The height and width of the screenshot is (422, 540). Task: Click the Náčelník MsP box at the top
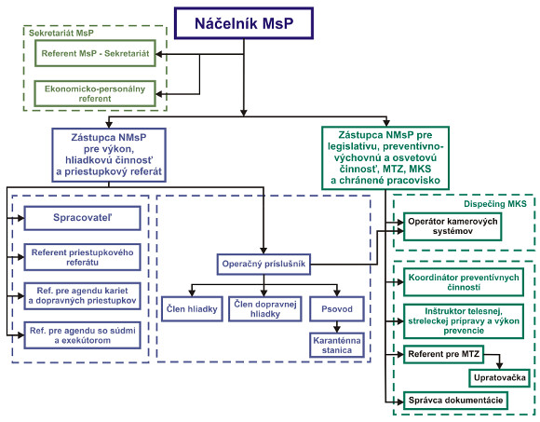pyautogui.click(x=244, y=23)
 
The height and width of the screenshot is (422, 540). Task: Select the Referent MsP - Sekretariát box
pyautogui.click(x=95, y=53)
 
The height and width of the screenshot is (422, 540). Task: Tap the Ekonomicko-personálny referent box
pyautogui.click(x=95, y=94)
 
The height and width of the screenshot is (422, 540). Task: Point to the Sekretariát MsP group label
pyautogui.click(x=61, y=34)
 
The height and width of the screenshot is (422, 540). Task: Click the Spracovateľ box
pyautogui.click(x=82, y=218)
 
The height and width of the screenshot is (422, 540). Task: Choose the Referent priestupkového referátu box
pyautogui.click(x=82, y=257)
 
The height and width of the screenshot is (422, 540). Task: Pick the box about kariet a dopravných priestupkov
pyautogui.click(x=82, y=296)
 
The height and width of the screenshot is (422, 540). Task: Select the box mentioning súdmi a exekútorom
pyautogui.click(x=82, y=335)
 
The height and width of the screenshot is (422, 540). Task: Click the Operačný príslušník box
pyautogui.click(x=263, y=265)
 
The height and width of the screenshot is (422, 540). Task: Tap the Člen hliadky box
pyautogui.click(x=192, y=309)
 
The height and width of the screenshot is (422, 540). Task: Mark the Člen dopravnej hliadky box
pyautogui.click(x=265, y=309)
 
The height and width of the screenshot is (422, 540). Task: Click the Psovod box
pyautogui.click(x=337, y=309)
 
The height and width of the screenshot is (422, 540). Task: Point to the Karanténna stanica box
pyautogui.click(x=337, y=346)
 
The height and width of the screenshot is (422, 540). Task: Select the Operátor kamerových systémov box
pyautogui.click(x=452, y=226)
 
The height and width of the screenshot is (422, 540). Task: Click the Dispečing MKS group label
pyautogui.click(x=495, y=204)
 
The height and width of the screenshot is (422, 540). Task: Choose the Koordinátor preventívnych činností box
pyautogui.click(x=464, y=282)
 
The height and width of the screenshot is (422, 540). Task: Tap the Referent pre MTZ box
pyautogui.click(x=443, y=354)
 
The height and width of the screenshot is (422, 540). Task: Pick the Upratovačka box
pyautogui.click(x=499, y=378)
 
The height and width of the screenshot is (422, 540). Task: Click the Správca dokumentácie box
pyautogui.click(x=455, y=401)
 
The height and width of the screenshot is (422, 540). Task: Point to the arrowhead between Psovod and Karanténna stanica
pyautogui.click(x=337, y=328)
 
